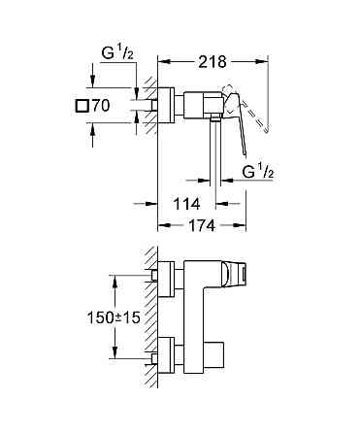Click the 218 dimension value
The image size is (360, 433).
coord(212,61)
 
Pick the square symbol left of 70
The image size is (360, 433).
coord(82,104)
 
